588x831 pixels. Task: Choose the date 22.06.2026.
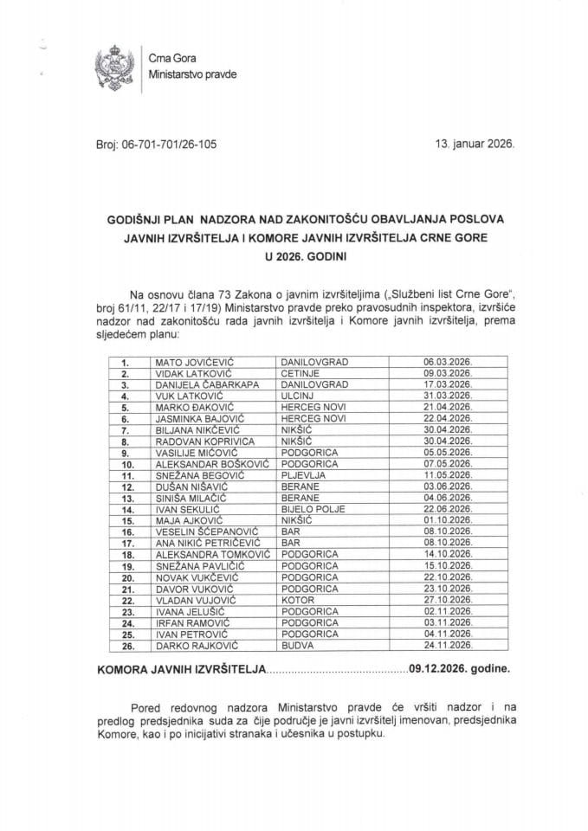(448, 508)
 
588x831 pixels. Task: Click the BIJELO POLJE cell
(311, 508)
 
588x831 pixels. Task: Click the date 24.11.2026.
(448, 644)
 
